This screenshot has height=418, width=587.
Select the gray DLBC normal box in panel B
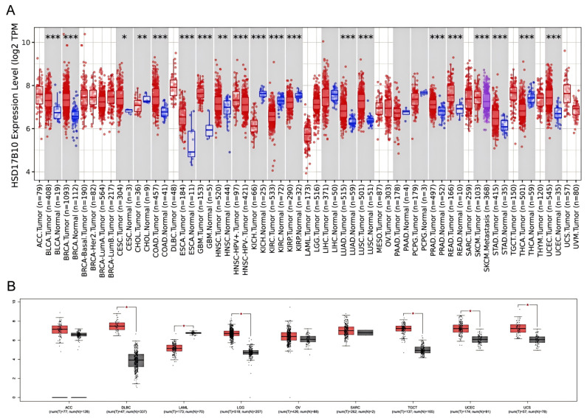tap(136, 360)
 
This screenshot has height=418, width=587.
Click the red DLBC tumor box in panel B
tap(117, 326)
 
